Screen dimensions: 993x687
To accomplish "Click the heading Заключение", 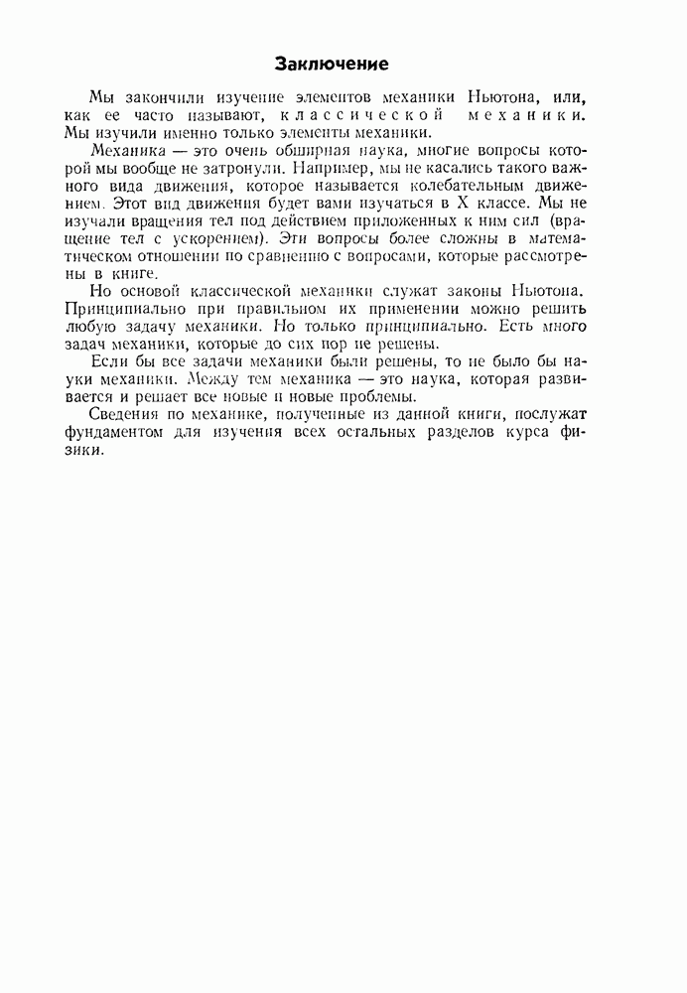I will coord(331,65).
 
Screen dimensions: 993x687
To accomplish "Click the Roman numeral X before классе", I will coord(464,201).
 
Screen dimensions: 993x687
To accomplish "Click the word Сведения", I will coord(125,415).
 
